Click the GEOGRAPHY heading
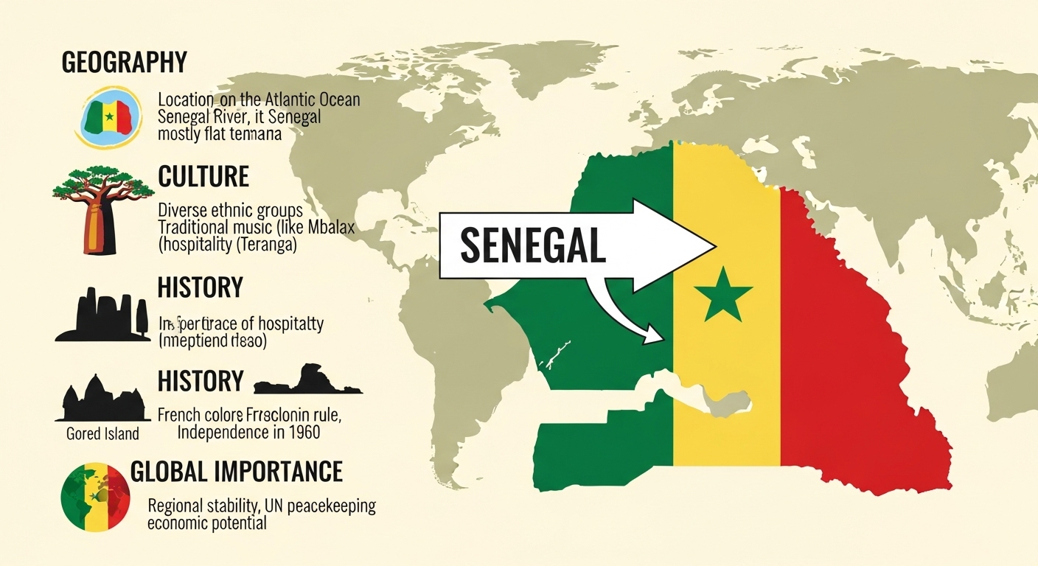124,63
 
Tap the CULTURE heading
203,177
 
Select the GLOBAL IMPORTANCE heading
236,471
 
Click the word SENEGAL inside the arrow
532,246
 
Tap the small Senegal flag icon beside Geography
108,117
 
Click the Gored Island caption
102,433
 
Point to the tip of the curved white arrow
661,338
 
